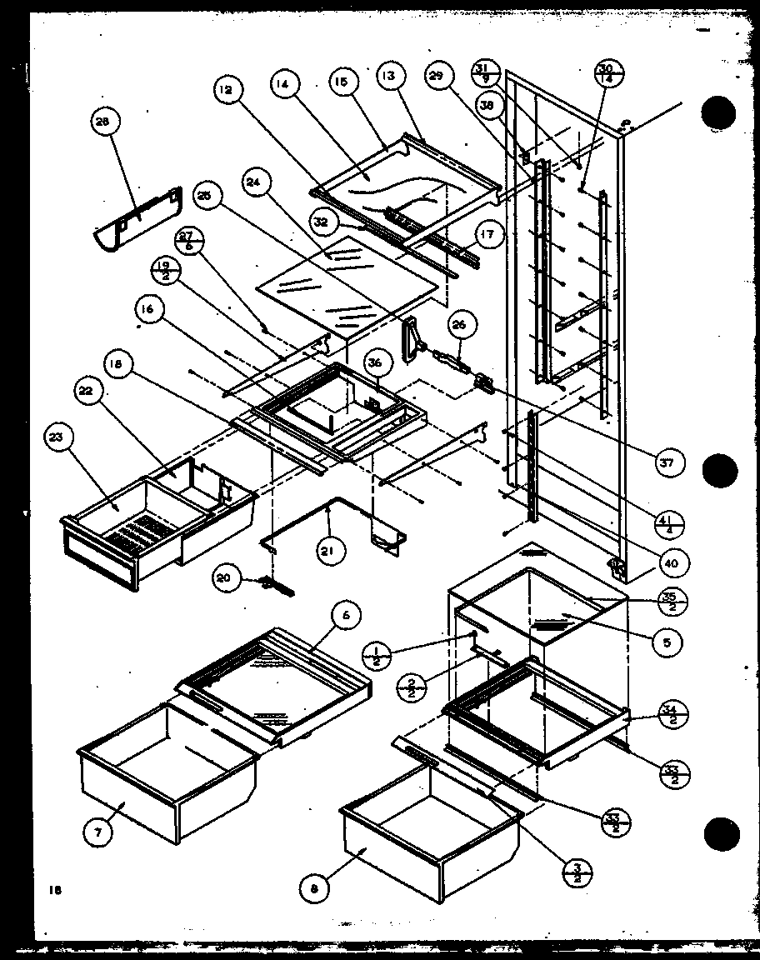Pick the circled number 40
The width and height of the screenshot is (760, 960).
coord(669,563)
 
